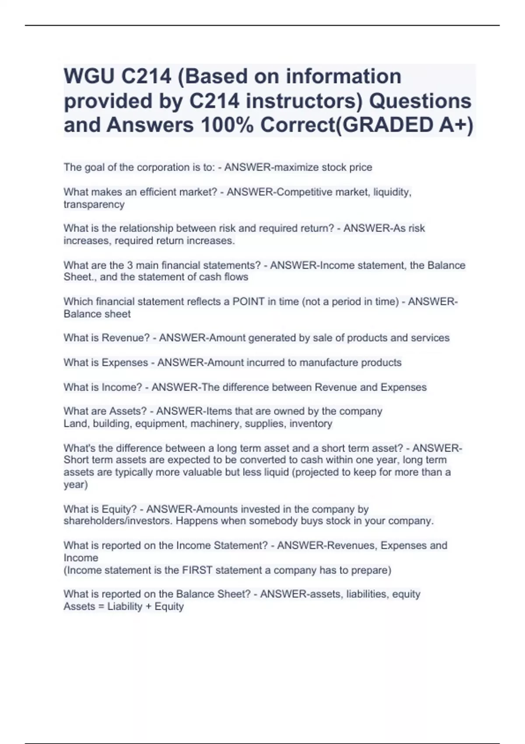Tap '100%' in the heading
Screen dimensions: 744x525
click(x=226, y=125)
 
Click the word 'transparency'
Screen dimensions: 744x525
click(x=94, y=204)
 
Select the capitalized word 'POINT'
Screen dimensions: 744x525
click(x=248, y=302)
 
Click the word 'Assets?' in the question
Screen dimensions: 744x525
click(x=128, y=411)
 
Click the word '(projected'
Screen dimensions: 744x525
click(x=316, y=472)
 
